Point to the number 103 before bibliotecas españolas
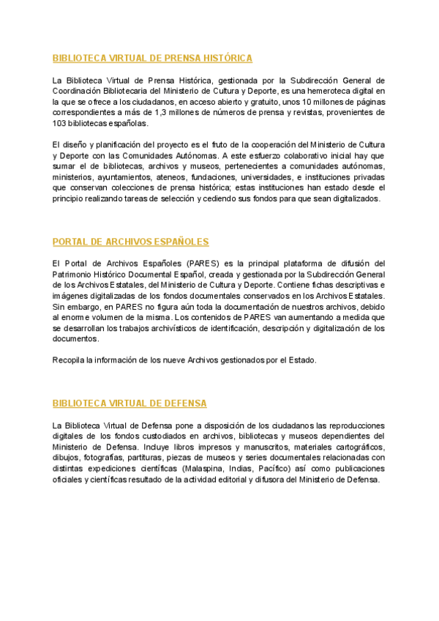(61, 123)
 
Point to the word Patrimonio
(75, 274)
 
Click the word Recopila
(70, 360)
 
